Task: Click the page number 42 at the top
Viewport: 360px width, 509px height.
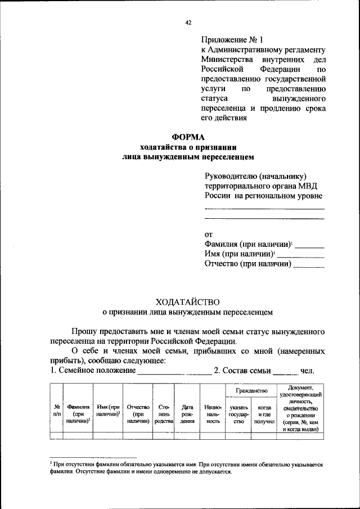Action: click(x=189, y=22)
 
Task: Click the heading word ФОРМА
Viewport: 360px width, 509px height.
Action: click(x=189, y=137)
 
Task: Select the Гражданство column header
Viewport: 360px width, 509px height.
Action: click(x=247, y=390)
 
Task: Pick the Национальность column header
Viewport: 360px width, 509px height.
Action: click(x=213, y=413)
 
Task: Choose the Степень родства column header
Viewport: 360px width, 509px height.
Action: click(x=164, y=413)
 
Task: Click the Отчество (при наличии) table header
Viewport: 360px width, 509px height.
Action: click(x=138, y=413)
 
